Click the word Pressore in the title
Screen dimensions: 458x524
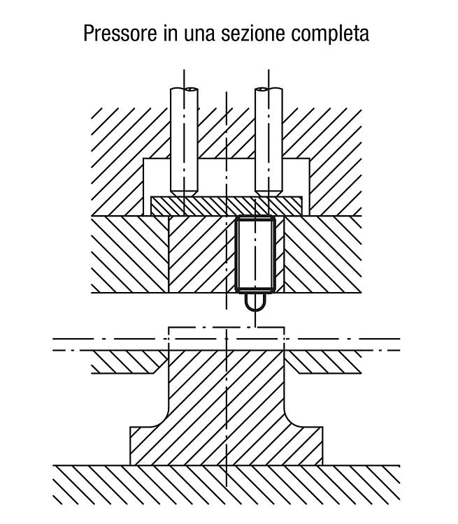pos(120,34)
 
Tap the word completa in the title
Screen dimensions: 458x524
pos(330,34)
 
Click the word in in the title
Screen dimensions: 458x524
pos(170,34)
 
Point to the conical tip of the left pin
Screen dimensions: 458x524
pos(184,193)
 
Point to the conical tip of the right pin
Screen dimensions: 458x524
pos(269,193)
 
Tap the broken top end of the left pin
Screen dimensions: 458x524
pos(185,89)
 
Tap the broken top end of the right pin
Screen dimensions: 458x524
pos(269,89)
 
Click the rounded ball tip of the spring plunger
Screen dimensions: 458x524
pos(255,302)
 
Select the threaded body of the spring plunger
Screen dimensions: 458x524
pos(255,254)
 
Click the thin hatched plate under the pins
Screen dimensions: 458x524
pos(227,206)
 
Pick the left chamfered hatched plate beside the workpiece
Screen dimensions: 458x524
pos(129,362)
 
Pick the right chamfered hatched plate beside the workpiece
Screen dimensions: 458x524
pos(324,362)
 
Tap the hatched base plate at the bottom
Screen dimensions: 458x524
pos(227,485)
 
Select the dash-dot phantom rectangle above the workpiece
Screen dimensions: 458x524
pos(227,327)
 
